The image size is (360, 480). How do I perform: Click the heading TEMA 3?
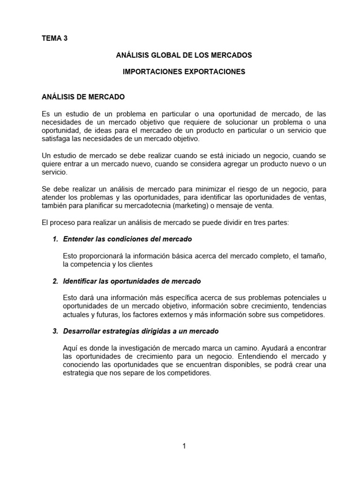54,38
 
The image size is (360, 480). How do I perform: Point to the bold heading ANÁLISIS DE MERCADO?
83,97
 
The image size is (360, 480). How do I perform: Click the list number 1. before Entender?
55,239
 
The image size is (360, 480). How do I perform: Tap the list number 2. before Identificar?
55,281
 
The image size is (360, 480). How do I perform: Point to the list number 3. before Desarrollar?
55,331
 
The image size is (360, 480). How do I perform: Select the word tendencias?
307,307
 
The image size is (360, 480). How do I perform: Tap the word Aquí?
70,348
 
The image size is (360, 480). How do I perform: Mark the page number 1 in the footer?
184,446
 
